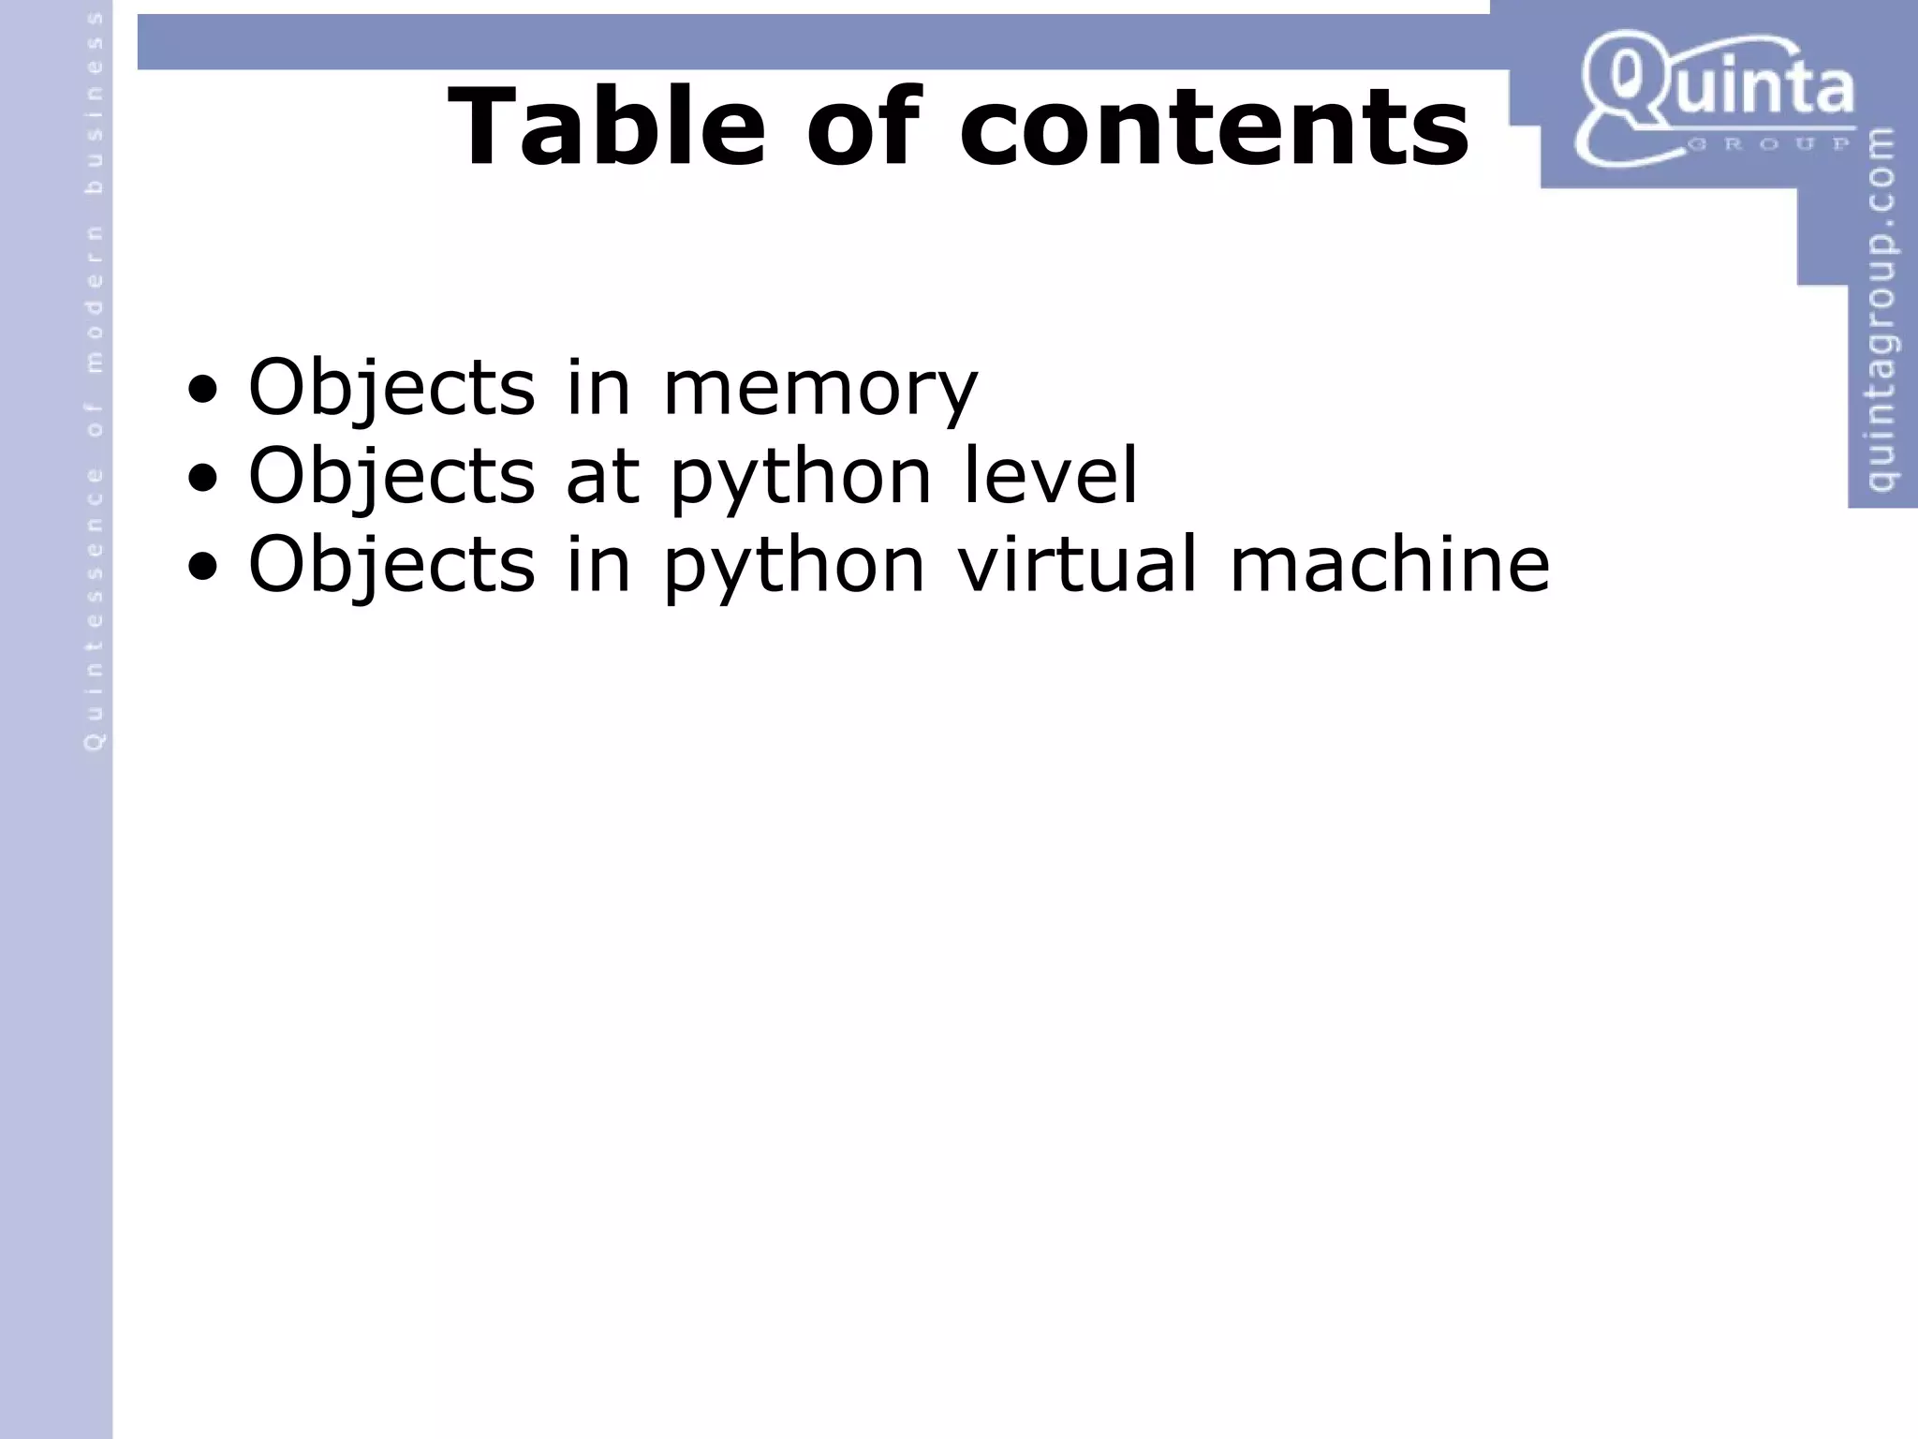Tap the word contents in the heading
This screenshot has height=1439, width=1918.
click(x=1215, y=126)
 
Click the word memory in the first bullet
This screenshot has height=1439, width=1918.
click(x=820, y=388)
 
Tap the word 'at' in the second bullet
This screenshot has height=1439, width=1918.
click(x=603, y=475)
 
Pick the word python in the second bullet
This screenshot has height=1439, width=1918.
click(x=801, y=478)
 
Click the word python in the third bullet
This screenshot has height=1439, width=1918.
click(x=794, y=567)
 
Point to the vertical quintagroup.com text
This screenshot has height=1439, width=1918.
click(x=1881, y=309)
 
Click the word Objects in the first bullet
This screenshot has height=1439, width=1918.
click(x=391, y=388)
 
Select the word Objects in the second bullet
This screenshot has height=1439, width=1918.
click(x=391, y=476)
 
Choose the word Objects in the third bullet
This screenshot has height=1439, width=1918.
click(x=391, y=565)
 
